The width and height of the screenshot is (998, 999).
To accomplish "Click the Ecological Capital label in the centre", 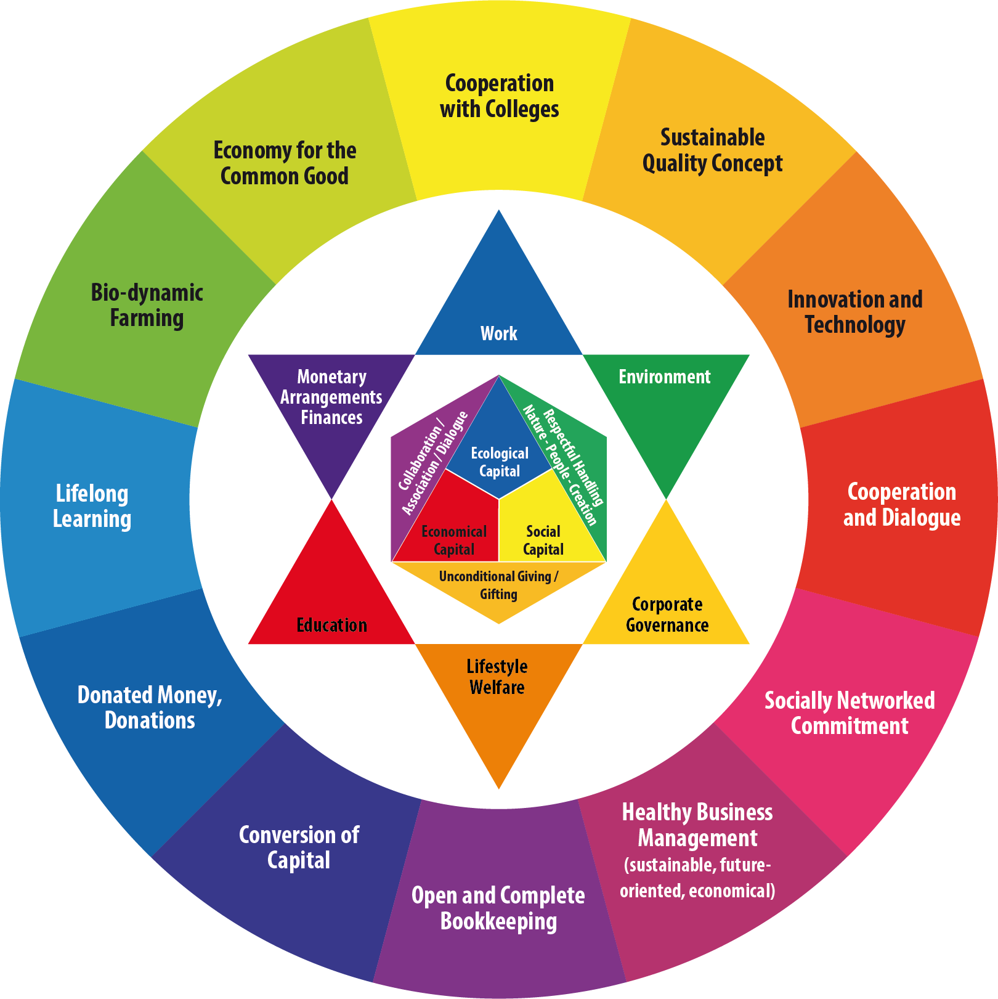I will click(x=500, y=462).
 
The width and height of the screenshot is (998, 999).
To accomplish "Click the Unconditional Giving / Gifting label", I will click(x=498, y=585).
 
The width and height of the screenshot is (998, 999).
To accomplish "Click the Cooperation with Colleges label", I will click(x=499, y=96).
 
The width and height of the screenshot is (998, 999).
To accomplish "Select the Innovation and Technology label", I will click(x=855, y=312).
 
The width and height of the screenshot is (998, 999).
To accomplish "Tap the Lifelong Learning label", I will click(x=92, y=506).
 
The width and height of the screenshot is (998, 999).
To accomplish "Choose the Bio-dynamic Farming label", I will click(x=147, y=305).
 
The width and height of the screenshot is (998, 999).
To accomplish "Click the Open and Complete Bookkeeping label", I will click(x=498, y=908).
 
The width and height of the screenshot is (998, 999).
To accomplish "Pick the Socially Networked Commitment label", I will click(x=850, y=713).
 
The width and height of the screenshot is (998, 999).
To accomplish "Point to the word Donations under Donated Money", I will click(x=150, y=720).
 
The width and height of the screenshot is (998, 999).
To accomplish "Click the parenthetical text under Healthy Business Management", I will click(x=697, y=878).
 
